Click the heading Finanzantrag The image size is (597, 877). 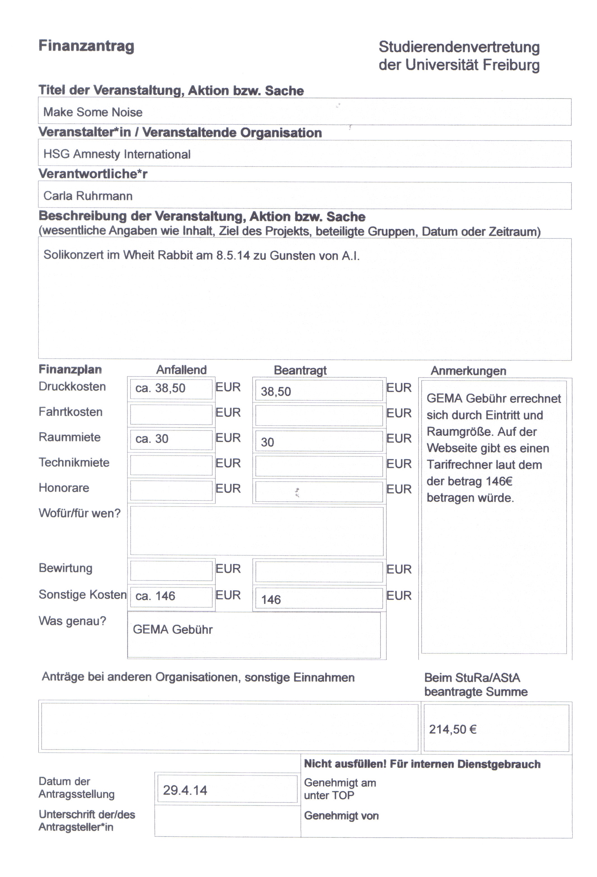coord(86,46)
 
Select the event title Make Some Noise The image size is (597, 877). coord(93,112)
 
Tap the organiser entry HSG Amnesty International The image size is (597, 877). coord(117,154)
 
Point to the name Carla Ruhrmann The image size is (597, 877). coord(88,196)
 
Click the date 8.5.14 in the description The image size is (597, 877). coord(233,255)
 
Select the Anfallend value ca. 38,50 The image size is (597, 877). coord(160,388)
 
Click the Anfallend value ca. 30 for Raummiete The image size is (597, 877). coord(152,439)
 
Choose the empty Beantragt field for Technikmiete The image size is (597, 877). coord(319,466)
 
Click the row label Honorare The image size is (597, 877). coord(64,488)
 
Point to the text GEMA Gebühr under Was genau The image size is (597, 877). coord(173,629)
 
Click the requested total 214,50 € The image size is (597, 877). coord(453,729)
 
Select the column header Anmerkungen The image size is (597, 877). coord(468,371)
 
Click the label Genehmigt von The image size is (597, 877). coord(341,816)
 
